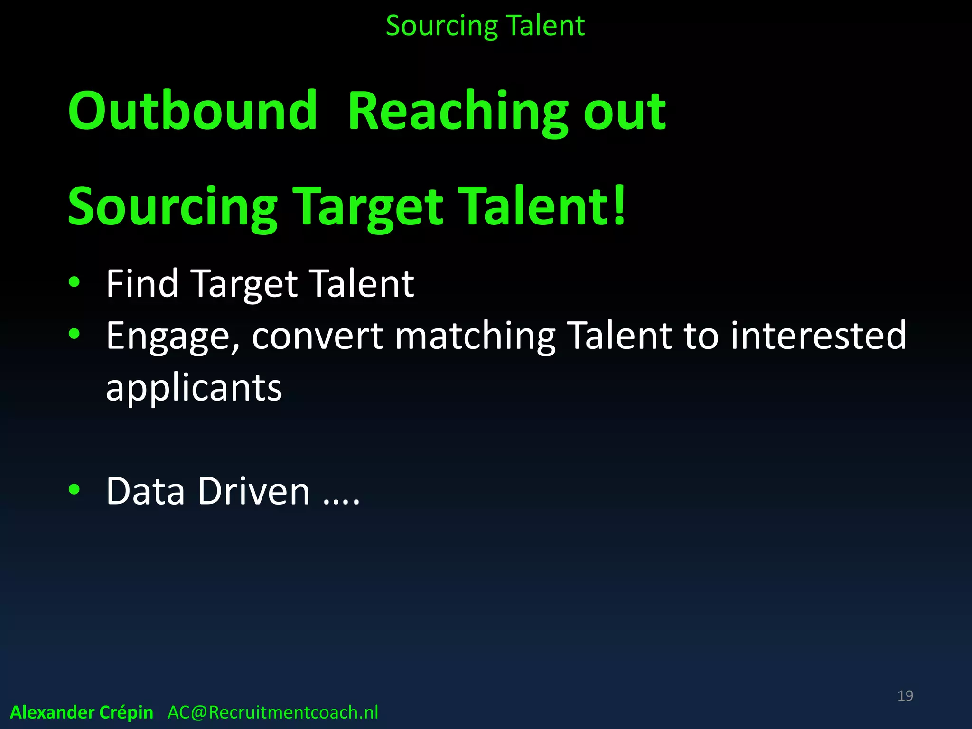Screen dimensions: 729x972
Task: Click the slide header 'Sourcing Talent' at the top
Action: (x=485, y=26)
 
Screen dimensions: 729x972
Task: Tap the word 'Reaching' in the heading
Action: (x=458, y=112)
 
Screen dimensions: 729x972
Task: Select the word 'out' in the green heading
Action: (x=625, y=112)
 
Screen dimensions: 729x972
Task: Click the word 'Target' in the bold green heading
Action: (x=368, y=207)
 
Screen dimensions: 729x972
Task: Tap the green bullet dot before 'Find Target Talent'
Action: (x=75, y=282)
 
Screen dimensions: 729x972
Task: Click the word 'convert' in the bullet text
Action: (x=317, y=336)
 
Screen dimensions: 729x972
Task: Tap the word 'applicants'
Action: (x=194, y=388)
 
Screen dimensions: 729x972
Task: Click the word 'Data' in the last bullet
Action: (x=145, y=491)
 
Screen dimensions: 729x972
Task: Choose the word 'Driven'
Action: (x=253, y=491)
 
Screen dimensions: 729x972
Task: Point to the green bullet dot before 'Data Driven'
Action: (x=75, y=489)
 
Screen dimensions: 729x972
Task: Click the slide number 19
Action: (x=905, y=695)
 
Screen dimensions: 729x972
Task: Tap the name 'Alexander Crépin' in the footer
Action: (x=82, y=712)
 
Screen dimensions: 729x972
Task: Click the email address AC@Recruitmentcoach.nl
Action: (x=273, y=712)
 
